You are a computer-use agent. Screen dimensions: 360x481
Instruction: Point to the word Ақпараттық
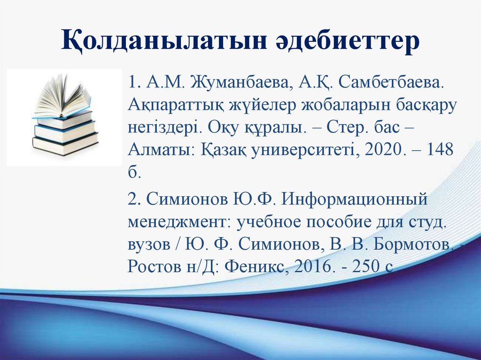point(177,107)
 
